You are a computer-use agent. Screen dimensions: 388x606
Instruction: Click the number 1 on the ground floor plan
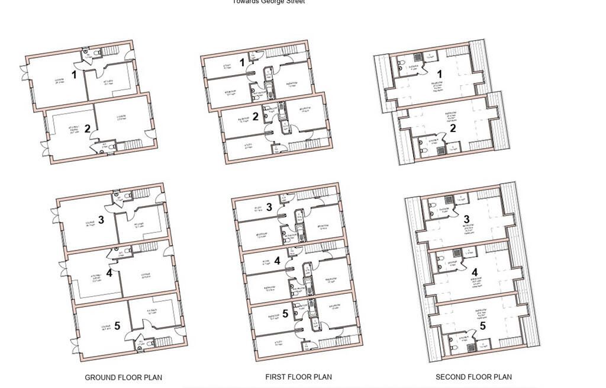coord(74,75)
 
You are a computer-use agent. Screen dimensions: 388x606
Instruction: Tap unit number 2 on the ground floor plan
coord(87,129)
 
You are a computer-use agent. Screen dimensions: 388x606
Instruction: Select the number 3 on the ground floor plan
coord(101,220)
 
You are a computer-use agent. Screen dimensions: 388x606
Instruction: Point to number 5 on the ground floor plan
coord(117,325)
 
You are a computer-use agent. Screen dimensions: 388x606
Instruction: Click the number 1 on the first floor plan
coord(242,62)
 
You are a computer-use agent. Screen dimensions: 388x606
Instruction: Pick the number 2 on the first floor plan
coord(256,117)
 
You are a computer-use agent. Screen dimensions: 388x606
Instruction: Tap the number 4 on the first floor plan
coord(277,259)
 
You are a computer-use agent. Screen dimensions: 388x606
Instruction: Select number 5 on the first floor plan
coord(285,313)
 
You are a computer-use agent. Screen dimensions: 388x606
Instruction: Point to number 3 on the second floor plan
coord(466,220)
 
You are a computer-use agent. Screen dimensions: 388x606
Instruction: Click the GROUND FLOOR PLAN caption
coord(123,377)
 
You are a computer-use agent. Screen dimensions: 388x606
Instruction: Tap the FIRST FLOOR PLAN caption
coord(299,377)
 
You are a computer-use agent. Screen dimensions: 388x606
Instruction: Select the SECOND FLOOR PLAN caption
coord(473,377)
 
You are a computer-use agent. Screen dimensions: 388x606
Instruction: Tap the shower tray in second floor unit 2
coord(440,150)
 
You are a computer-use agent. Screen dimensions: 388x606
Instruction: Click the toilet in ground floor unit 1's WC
coord(86,52)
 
